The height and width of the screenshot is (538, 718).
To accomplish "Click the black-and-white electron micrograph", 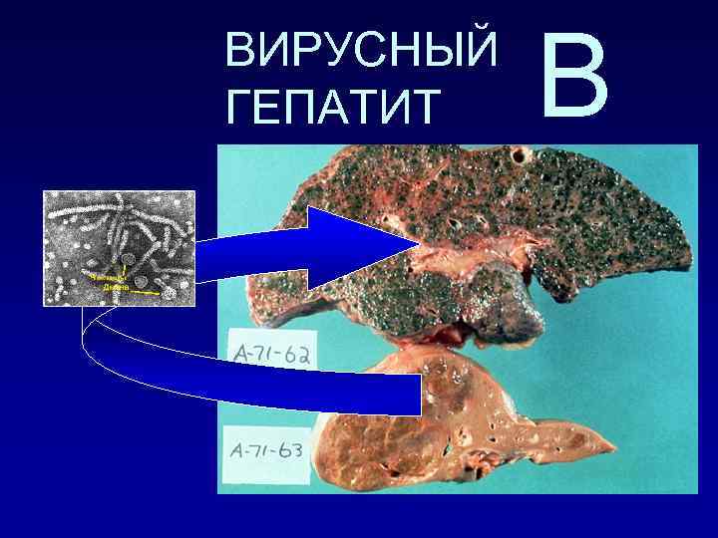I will click(119, 247).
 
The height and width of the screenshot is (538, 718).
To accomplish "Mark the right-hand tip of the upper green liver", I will click(688, 254).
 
